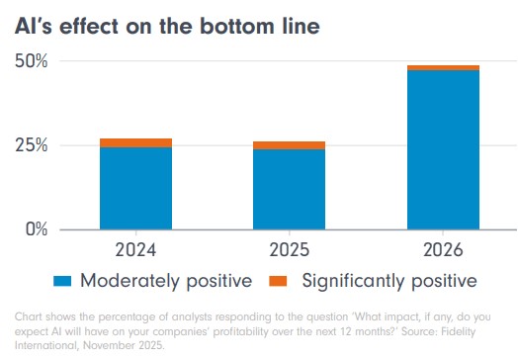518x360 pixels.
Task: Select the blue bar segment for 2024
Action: tap(135, 188)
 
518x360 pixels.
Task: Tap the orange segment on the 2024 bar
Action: tap(135, 142)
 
